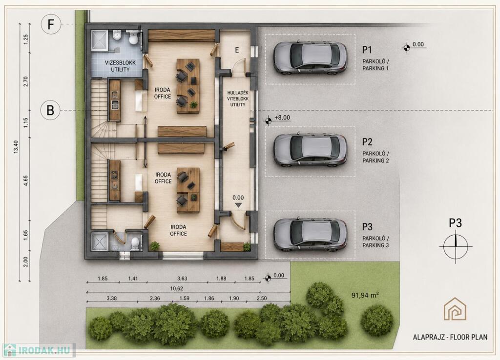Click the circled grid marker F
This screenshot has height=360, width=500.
(x=50, y=24)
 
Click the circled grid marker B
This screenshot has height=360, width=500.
(x=50, y=110)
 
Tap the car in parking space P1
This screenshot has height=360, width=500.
(x=310, y=58)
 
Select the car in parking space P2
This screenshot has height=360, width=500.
(x=310, y=150)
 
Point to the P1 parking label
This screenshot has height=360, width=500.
(x=367, y=50)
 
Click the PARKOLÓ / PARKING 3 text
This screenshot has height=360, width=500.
(x=375, y=242)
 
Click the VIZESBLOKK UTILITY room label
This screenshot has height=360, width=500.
(x=120, y=66)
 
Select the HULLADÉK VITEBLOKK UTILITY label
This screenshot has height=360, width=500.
(x=238, y=99)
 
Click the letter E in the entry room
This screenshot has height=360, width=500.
(x=237, y=50)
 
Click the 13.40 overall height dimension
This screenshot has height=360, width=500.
(x=16, y=147)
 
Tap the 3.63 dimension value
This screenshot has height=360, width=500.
(x=182, y=279)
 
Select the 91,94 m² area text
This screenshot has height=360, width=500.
(x=365, y=295)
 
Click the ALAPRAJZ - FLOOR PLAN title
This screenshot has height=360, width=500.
(x=450, y=337)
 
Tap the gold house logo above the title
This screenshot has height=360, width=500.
(x=455, y=308)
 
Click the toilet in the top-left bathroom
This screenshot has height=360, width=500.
(x=133, y=38)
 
